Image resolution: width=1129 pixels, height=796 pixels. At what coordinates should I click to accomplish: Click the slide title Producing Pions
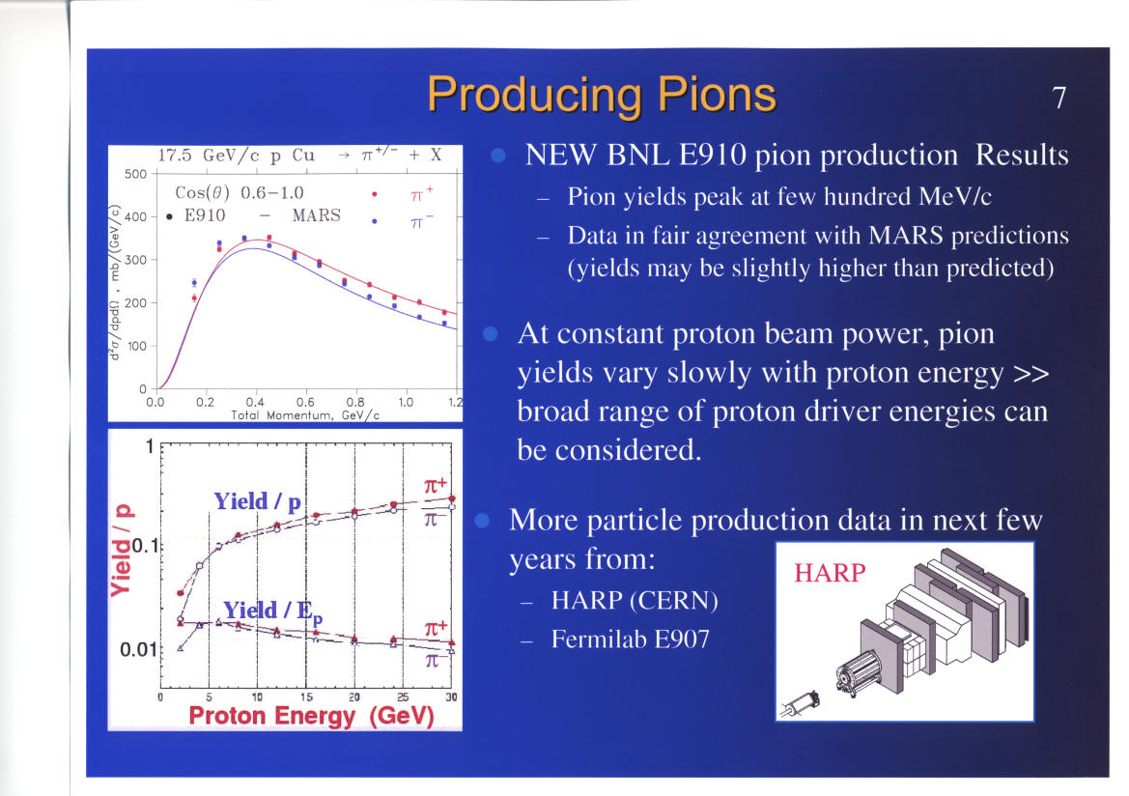pyautogui.click(x=602, y=96)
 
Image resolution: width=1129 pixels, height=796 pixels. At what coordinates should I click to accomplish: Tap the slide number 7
pyautogui.click(x=1058, y=98)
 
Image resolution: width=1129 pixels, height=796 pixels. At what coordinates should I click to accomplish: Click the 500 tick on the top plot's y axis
pyautogui.click(x=135, y=174)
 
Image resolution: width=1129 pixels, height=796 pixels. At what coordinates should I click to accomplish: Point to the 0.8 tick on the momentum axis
pyautogui.click(x=355, y=402)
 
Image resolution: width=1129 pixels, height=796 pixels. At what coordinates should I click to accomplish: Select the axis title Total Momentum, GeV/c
pyautogui.click(x=305, y=415)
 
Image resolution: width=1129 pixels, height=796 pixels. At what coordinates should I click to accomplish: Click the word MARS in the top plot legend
pyautogui.click(x=316, y=215)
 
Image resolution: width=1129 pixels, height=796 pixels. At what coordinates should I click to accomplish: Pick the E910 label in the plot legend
pyautogui.click(x=205, y=215)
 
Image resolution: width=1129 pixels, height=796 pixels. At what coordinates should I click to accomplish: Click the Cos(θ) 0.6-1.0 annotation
pyautogui.click(x=240, y=193)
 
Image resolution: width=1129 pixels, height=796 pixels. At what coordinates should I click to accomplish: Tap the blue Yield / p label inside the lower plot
pyautogui.click(x=258, y=501)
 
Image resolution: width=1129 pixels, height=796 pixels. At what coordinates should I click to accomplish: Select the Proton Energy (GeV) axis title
pyautogui.click(x=311, y=716)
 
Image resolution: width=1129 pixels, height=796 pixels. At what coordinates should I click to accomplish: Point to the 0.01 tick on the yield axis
pyautogui.click(x=138, y=650)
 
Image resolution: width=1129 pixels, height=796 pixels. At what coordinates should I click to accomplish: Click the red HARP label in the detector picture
pyautogui.click(x=830, y=573)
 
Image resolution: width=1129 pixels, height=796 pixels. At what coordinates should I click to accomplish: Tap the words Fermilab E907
pyautogui.click(x=630, y=639)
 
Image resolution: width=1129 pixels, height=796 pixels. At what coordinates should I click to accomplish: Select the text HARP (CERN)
pyautogui.click(x=635, y=601)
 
